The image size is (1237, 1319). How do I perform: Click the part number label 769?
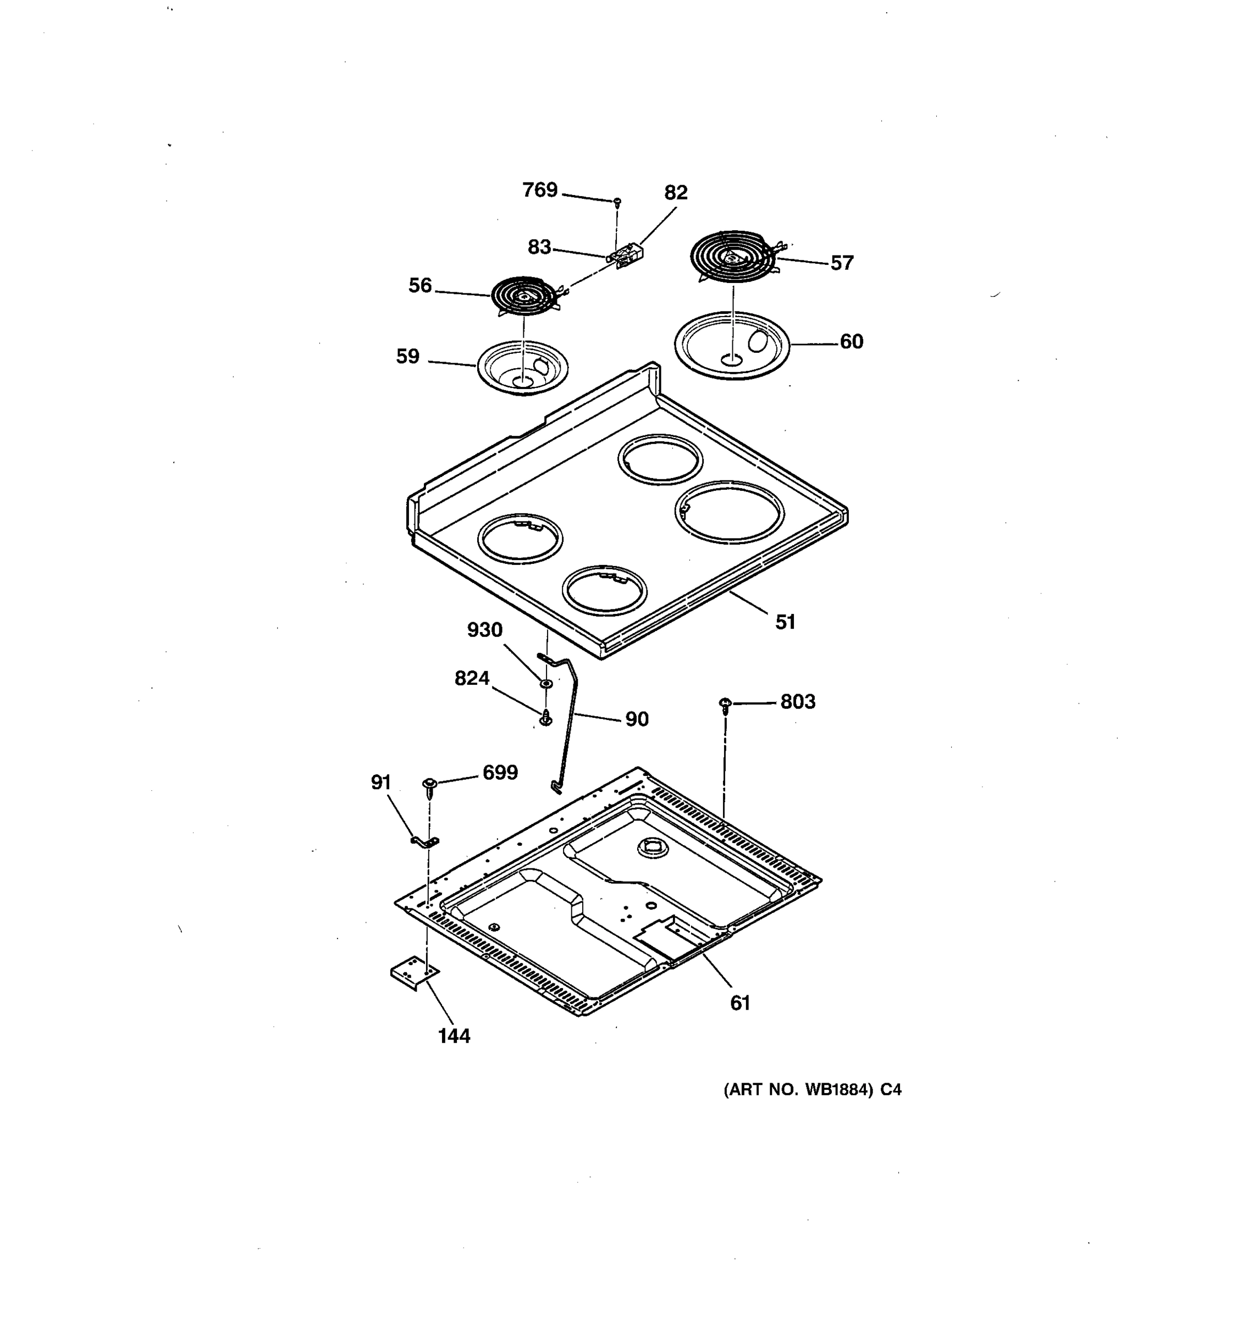tap(539, 190)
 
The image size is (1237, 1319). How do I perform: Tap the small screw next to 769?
tap(617, 201)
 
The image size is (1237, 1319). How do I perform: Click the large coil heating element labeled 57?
tap(733, 257)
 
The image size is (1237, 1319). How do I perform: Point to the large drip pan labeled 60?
tap(732, 345)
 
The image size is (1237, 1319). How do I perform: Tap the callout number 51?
tap(785, 622)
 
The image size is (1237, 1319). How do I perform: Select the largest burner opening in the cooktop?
tap(730, 512)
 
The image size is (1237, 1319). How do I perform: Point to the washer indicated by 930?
tap(545, 683)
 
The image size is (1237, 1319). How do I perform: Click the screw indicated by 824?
tap(545, 718)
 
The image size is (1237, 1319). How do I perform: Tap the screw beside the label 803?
tap(725, 703)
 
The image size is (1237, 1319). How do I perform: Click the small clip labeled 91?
tap(426, 841)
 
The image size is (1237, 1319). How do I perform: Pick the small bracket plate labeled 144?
tap(414, 973)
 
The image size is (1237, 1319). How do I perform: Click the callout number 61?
tap(740, 1003)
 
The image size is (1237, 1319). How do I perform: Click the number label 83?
tap(539, 247)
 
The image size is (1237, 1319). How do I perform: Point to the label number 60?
tap(852, 342)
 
